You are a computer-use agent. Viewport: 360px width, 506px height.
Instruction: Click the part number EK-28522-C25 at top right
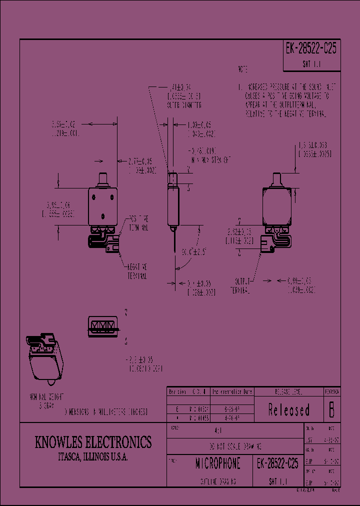point(311,48)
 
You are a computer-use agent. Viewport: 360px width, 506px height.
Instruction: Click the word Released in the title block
point(289,410)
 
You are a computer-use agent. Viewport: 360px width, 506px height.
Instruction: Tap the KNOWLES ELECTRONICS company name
point(93,442)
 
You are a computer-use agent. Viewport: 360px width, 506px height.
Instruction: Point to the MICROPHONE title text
point(217,463)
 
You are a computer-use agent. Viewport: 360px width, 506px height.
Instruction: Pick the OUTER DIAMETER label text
point(183,105)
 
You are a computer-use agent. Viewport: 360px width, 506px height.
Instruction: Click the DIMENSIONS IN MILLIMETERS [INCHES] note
point(105,412)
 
